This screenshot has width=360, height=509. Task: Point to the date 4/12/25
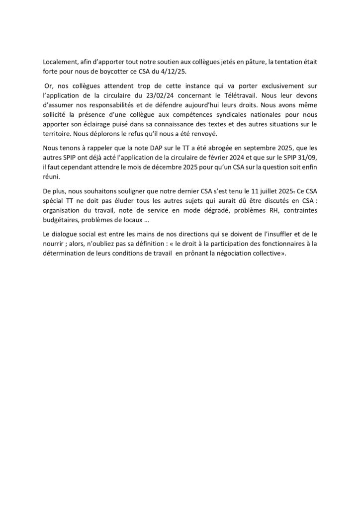point(176,73)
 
